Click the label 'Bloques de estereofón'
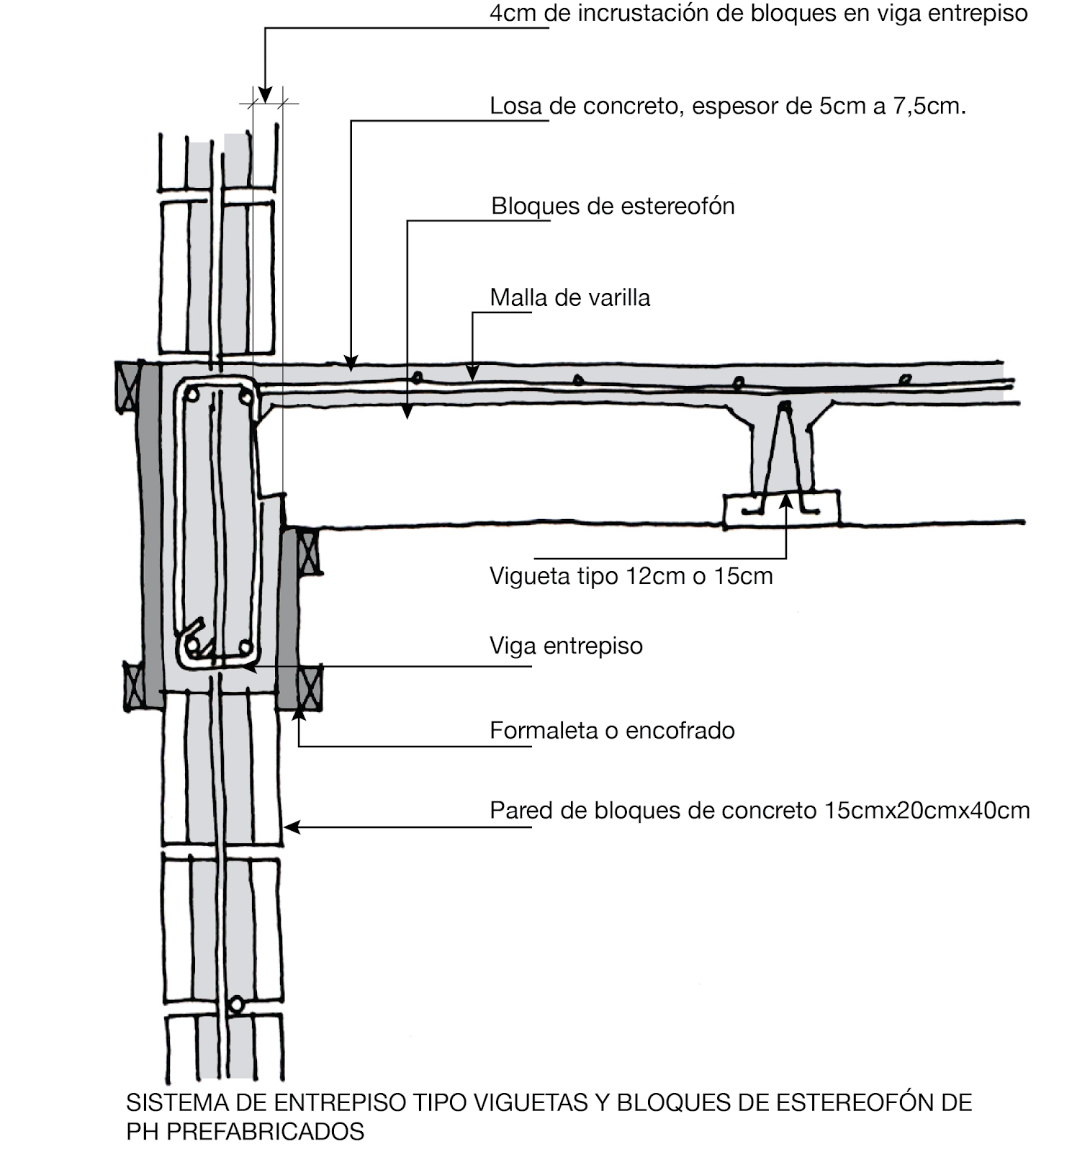point(613,207)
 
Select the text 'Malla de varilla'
point(569,298)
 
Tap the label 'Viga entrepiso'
point(566,646)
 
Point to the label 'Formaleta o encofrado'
point(612,731)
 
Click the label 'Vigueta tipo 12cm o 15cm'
point(631,576)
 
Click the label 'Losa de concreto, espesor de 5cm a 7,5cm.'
point(727,107)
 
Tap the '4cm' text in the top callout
point(514,14)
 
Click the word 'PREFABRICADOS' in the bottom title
point(265,1131)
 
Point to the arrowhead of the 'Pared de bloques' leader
point(291,827)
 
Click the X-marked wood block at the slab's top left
point(127,387)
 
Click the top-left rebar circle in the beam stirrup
point(192,394)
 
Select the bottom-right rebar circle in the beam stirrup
point(245,646)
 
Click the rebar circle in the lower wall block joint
point(236,1004)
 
